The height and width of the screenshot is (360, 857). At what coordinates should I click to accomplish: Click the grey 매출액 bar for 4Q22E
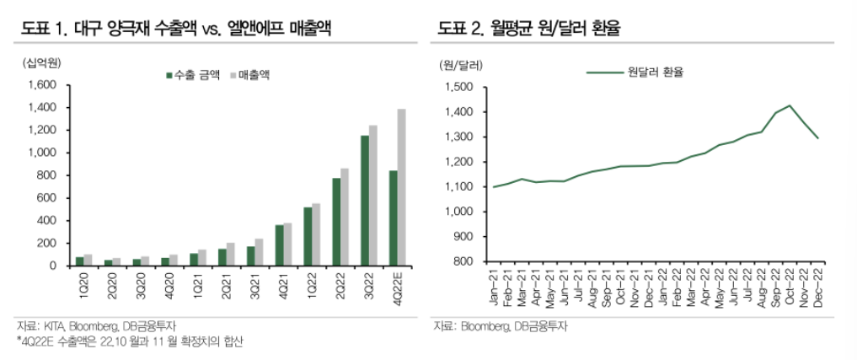point(401,187)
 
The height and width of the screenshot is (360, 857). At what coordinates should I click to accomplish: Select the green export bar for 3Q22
point(365,201)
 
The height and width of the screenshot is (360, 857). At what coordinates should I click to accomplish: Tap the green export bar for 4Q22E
point(392,218)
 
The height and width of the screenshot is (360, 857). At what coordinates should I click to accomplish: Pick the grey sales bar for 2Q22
point(344,217)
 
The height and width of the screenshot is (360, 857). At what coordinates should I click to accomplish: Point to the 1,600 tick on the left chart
point(41,85)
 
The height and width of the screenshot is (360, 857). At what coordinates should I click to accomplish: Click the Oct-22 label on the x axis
point(790,287)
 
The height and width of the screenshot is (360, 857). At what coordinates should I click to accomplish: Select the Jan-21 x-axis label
point(494,287)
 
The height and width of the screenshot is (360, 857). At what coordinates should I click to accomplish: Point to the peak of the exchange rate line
point(790,106)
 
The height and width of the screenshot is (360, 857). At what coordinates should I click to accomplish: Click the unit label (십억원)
point(35,63)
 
